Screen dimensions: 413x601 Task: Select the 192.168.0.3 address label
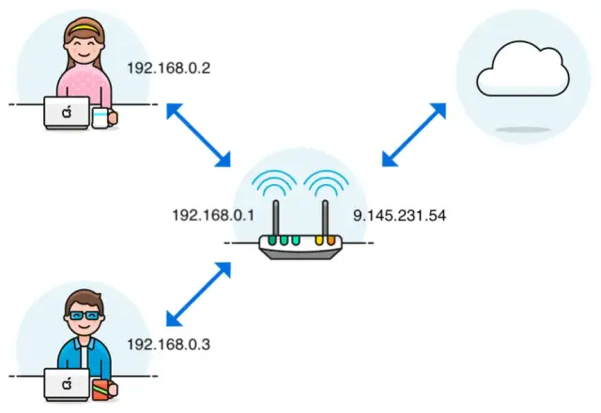[168, 344]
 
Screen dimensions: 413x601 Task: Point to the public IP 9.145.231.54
[398, 215]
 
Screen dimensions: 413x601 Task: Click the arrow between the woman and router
[198, 136]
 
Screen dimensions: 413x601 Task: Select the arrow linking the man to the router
[198, 294]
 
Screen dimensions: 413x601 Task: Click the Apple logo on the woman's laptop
[68, 114]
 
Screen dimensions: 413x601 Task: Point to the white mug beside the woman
[102, 117]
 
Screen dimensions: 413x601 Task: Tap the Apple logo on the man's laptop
[68, 386]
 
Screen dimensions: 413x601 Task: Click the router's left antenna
[279, 217]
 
